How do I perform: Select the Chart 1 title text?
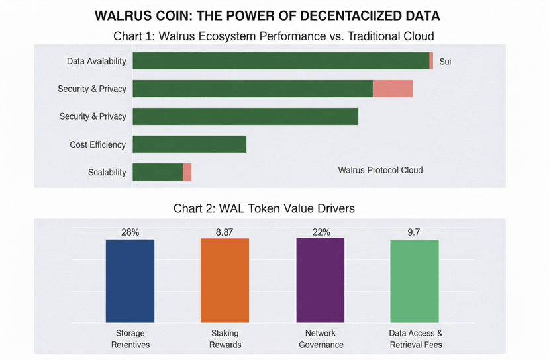(x=274, y=35)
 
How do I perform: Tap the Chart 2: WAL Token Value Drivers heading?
(x=264, y=208)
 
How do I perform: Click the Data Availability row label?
(x=96, y=62)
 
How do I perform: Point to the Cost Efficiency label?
(x=97, y=144)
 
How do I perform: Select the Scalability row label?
(x=107, y=172)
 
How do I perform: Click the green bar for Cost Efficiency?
(x=189, y=144)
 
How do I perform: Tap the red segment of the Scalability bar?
(x=187, y=172)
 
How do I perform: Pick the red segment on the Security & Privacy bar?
(x=393, y=89)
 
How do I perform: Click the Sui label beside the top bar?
(x=445, y=62)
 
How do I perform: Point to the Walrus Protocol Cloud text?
(x=379, y=170)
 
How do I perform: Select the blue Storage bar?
(x=130, y=281)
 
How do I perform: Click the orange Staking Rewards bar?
(x=225, y=281)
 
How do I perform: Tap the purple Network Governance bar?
(x=320, y=281)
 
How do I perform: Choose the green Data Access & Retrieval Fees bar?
(x=415, y=281)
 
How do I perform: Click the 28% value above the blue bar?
(x=130, y=232)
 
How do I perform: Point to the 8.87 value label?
(x=225, y=232)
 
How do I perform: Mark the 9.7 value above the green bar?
(x=414, y=232)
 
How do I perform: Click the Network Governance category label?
(x=321, y=339)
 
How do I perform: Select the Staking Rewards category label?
(x=225, y=339)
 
